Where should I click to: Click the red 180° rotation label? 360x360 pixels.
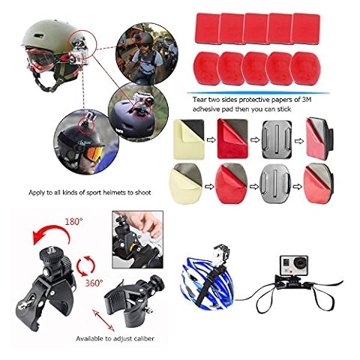click(73, 221)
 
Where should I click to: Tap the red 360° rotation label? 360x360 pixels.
click(94, 283)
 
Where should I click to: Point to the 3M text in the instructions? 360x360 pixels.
click(307, 100)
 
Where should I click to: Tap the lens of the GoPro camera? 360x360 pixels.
click(300, 262)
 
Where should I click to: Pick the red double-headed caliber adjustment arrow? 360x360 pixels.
click(103, 320)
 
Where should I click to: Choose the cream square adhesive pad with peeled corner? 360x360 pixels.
click(189, 139)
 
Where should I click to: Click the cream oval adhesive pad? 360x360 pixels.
click(185, 184)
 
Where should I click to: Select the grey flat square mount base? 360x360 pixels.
click(276, 139)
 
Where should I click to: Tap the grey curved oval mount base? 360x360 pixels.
click(275, 183)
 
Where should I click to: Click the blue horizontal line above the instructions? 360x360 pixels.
click(258, 93)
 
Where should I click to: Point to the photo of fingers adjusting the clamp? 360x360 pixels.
click(137, 239)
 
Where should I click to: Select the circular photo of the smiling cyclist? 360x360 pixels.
click(147, 54)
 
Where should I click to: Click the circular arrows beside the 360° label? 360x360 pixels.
click(85, 265)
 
